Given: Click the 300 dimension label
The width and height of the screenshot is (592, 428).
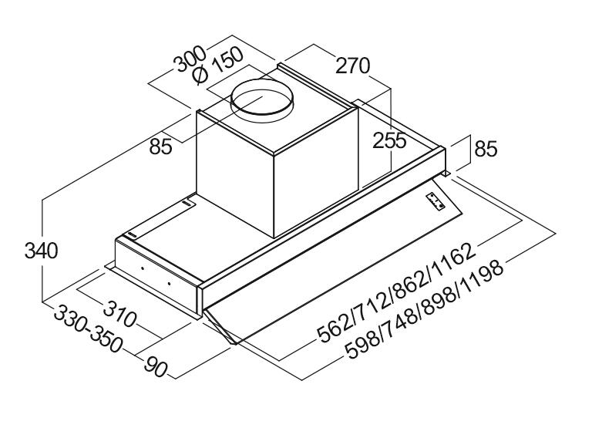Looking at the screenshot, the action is click(x=190, y=59).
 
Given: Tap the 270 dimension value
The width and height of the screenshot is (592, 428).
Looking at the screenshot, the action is click(x=353, y=66).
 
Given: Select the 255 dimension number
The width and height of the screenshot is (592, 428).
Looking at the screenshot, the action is click(x=389, y=141).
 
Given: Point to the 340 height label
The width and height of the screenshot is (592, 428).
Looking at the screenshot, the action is click(x=41, y=251).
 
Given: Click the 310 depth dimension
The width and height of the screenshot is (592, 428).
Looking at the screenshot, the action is click(x=119, y=313).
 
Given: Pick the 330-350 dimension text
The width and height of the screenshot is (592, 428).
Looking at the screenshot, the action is click(x=89, y=329).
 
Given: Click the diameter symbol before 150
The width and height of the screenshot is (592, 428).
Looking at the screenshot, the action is click(x=200, y=76).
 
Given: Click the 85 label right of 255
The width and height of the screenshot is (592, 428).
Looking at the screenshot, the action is click(x=486, y=149).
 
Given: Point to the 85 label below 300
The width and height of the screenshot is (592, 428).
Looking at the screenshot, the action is click(x=161, y=147).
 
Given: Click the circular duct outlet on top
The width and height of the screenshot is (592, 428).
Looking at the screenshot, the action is click(x=262, y=99).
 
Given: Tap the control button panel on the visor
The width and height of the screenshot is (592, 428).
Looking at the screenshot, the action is click(x=436, y=201).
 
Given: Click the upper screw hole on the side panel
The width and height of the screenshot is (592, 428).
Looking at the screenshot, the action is click(x=142, y=268).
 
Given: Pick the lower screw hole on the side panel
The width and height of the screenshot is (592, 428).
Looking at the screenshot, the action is click(x=169, y=283).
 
